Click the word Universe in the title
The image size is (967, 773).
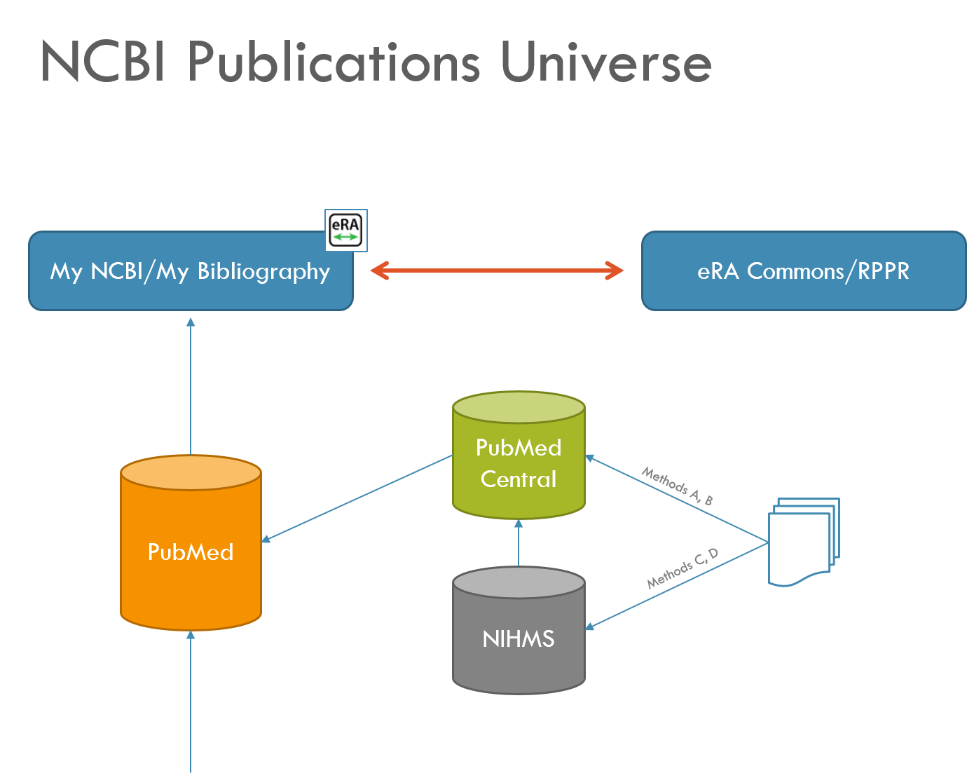(606, 62)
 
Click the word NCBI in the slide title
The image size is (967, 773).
(103, 62)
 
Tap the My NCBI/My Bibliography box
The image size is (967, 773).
(191, 271)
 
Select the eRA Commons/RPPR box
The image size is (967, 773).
(804, 271)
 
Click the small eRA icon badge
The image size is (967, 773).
(346, 230)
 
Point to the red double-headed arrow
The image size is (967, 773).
(497, 271)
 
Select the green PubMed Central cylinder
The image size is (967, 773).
(519, 463)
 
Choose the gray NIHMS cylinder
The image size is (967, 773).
(519, 639)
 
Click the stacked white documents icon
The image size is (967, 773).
(803, 541)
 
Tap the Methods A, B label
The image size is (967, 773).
(677, 486)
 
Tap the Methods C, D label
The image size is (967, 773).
(682, 568)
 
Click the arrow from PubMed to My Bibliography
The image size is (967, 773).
(191, 385)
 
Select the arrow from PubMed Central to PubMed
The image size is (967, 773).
(357, 498)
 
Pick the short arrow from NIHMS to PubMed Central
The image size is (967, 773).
(519, 542)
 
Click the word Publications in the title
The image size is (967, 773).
(334, 62)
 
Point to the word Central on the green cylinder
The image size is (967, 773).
(519, 479)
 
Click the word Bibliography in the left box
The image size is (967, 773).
(263, 272)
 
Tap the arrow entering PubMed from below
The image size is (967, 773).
(191, 701)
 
